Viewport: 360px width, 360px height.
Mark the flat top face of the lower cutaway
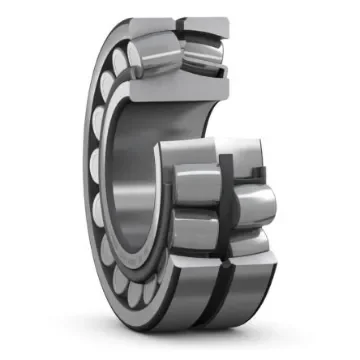point(210,147)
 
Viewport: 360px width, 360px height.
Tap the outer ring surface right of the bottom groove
point(245,290)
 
